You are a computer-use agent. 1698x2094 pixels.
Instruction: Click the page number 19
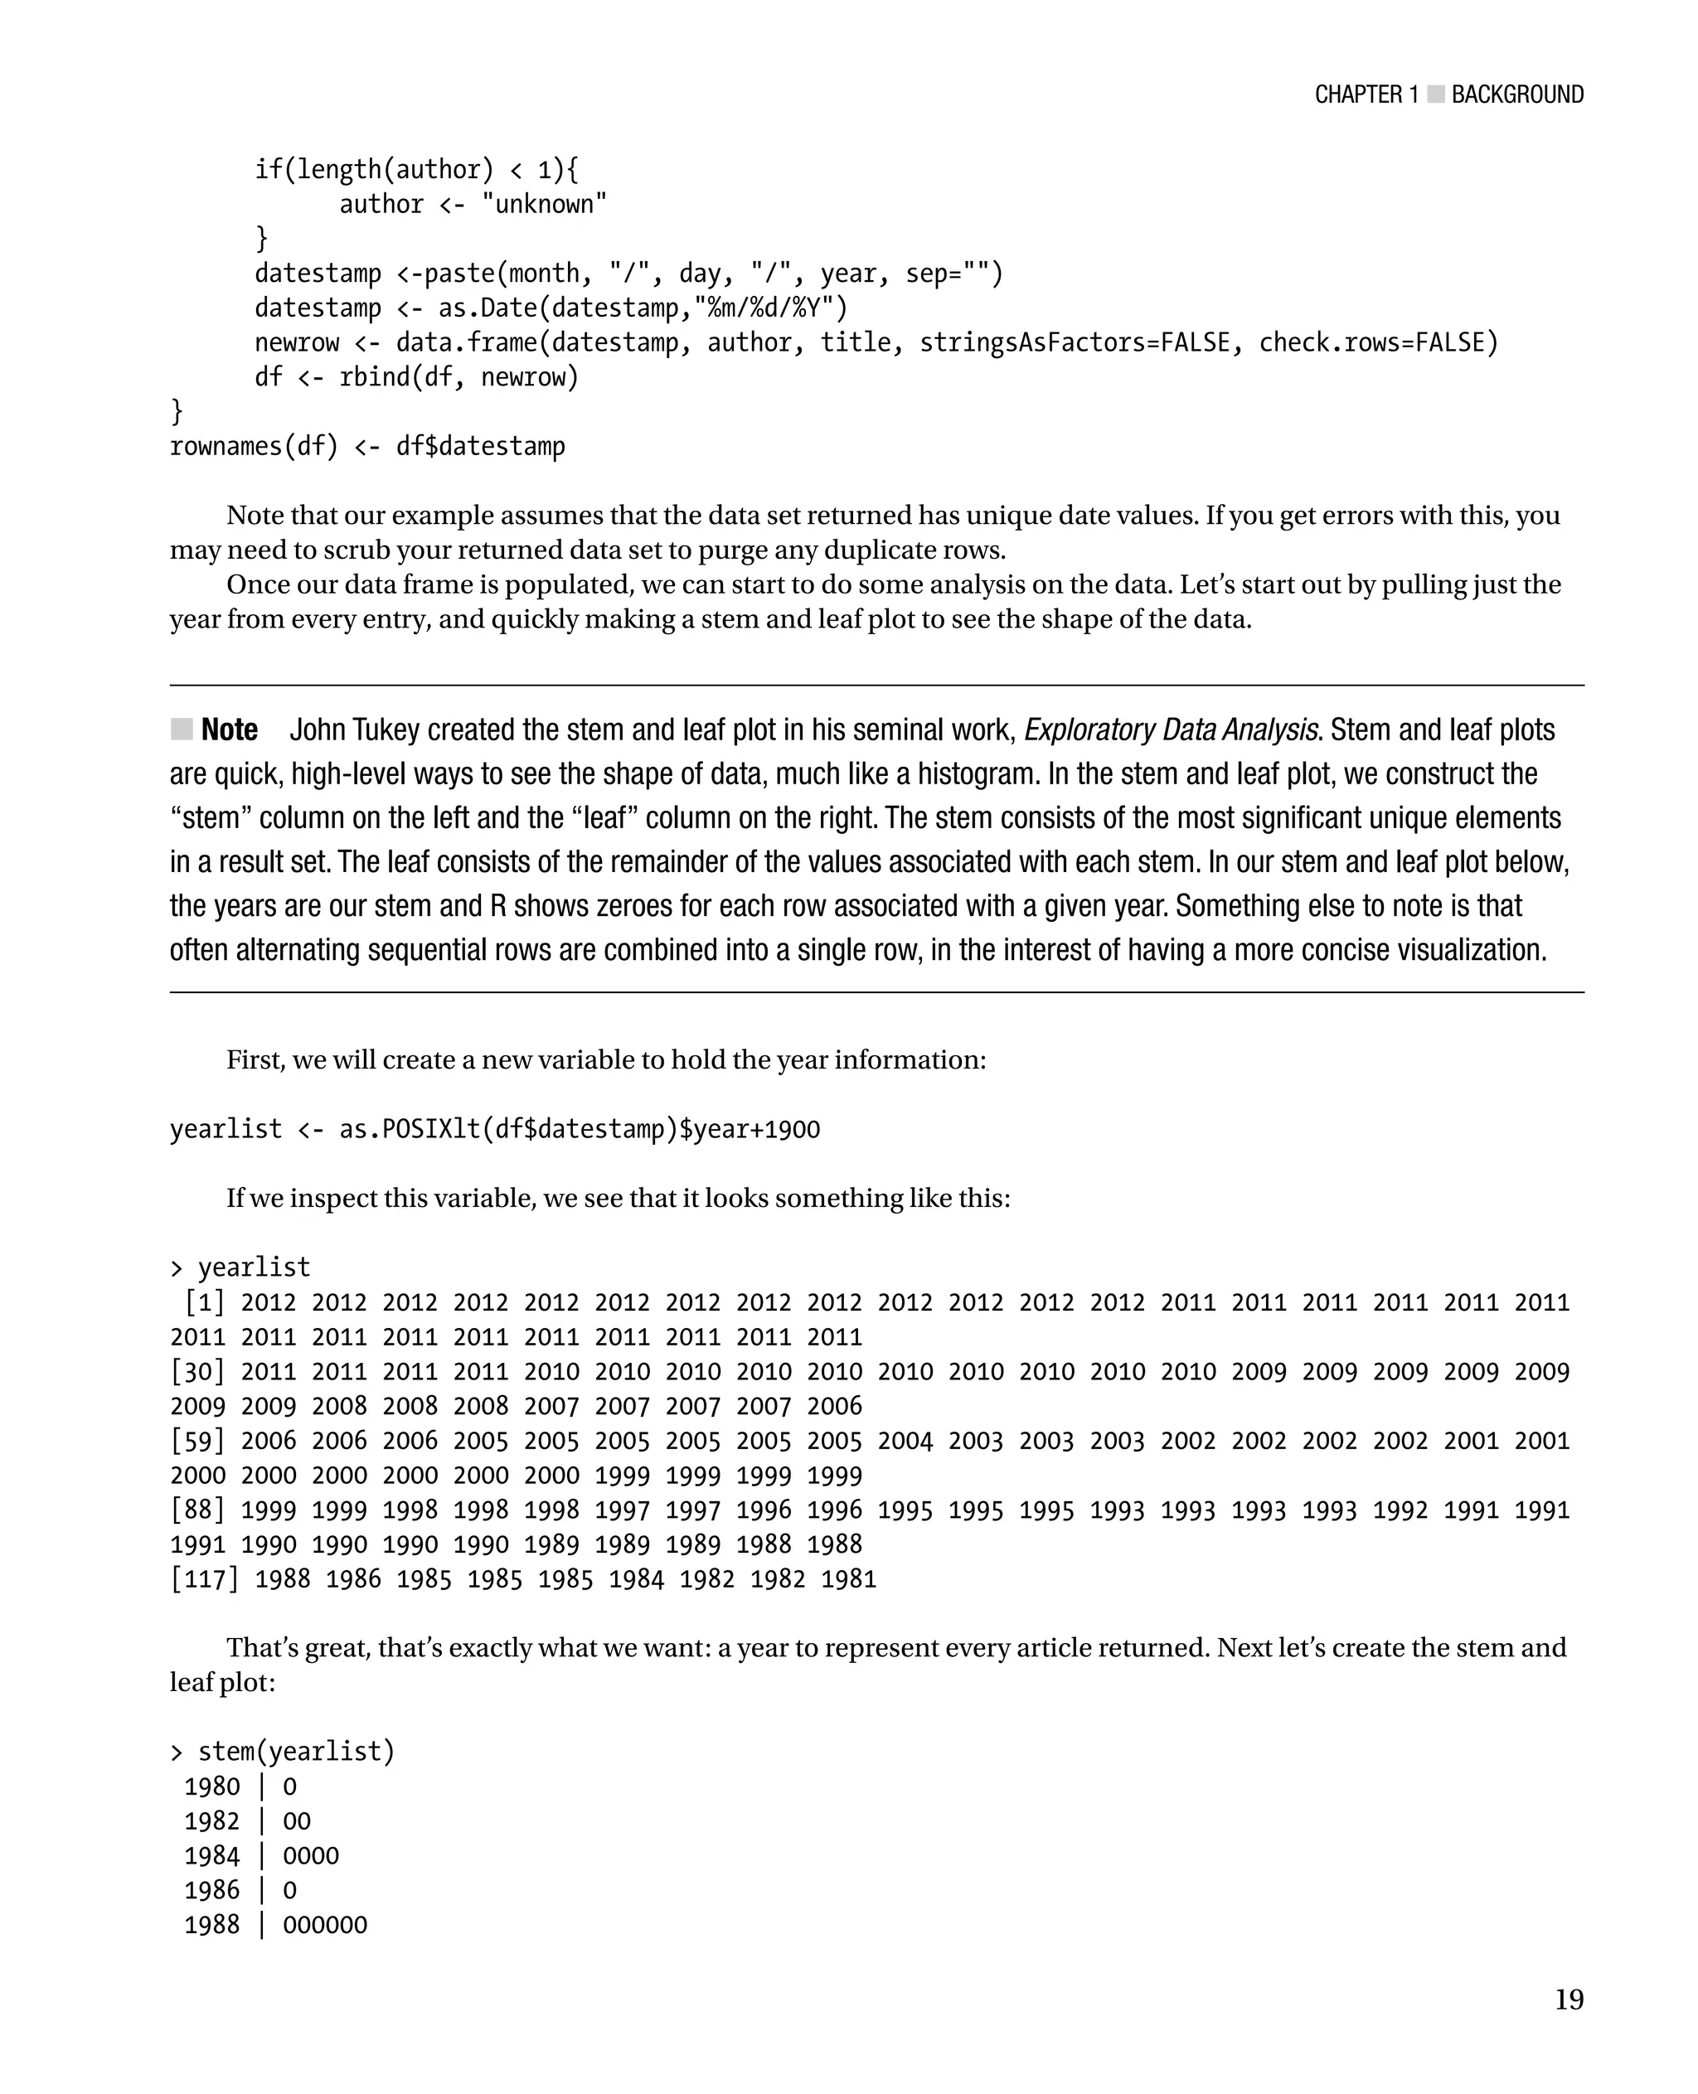click(x=1568, y=1999)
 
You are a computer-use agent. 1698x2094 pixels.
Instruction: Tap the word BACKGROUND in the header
click(x=1517, y=95)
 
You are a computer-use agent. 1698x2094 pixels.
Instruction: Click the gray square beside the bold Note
click(x=181, y=729)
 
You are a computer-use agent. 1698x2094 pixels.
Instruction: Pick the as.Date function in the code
click(x=494, y=308)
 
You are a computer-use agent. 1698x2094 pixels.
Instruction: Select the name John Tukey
click(x=354, y=730)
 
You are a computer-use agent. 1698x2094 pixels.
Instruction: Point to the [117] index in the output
click(x=205, y=1579)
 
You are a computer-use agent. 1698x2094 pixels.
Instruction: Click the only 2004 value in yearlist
click(x=905, y=1441)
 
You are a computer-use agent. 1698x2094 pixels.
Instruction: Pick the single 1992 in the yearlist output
click(x=1400, y=1510)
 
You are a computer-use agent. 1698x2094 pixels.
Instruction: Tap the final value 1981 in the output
click(x=848, y=1579)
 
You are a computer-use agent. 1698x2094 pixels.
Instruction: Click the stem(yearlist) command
click(x=296, y=1752)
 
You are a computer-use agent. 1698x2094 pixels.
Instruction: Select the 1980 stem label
click(x=212, y=1787)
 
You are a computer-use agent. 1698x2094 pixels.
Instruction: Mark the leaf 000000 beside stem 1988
click(x=325, y=1925)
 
